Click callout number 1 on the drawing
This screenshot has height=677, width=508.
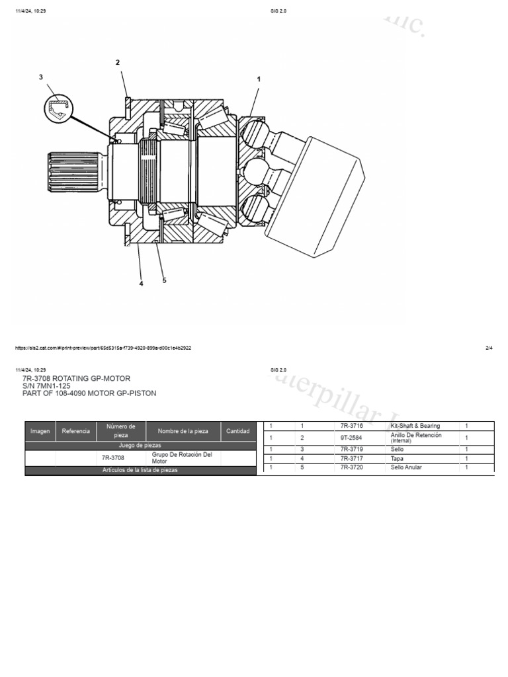click(x=259, y=79)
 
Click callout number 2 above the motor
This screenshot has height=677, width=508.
click(x=118, y=63)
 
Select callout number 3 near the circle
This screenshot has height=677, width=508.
click(x=41, y=77)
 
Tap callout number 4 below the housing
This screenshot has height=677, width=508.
click(x=141, y=284)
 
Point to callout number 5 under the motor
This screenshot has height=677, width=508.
click(x=164, y=280)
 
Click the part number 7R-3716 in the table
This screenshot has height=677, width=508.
click(x=351, y=426)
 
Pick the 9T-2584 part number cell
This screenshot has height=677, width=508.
click(x=351, y=438)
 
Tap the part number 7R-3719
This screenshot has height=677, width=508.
click(x=351, y=450)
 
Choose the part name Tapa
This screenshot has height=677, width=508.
click(x=397, y=458)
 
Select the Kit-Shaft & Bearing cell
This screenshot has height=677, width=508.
click(x=415, y=426)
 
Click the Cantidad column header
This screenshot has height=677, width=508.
click(x=237, y=431)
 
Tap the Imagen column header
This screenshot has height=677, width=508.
click(x=40, y=431)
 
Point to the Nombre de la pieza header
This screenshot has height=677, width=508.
click(x=183, y=431)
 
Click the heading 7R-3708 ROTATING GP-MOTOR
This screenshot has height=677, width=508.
click(x=76, y=378)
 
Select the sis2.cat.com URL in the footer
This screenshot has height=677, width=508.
click(x=103, y=348)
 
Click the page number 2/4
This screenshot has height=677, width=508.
click(x=489, y=348)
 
